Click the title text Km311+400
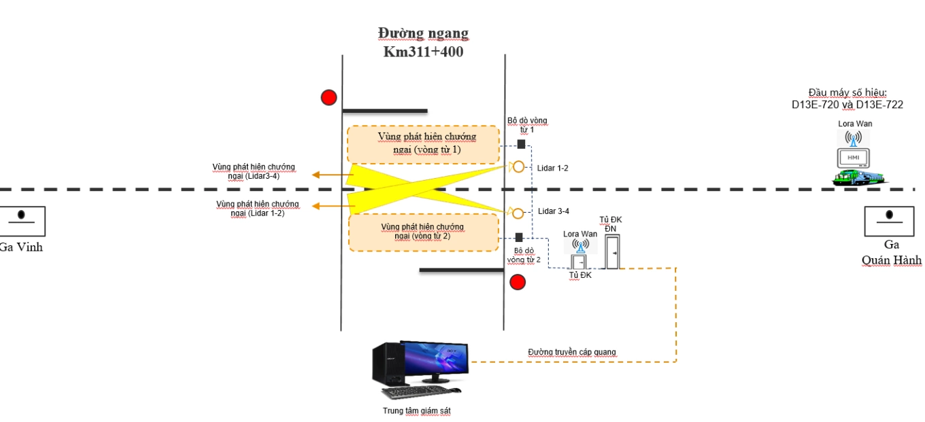tap(423, 51)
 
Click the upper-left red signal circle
tap(329, 97)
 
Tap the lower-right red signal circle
tap(518, 282)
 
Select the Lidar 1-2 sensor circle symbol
tap(518, 166)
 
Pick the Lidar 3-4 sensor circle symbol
tap(518, 213)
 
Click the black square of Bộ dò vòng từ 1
tap(521, 144)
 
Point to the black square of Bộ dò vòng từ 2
tap(519, 238)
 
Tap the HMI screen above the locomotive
tap(853, 158)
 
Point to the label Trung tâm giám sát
tap(416, 410)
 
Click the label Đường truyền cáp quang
tap(571, 352)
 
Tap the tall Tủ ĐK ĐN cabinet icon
tap(611, 251)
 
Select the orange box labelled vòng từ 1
tap(423, 145)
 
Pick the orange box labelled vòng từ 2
tap(423, 232)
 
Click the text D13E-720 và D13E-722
tap(847, 105)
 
